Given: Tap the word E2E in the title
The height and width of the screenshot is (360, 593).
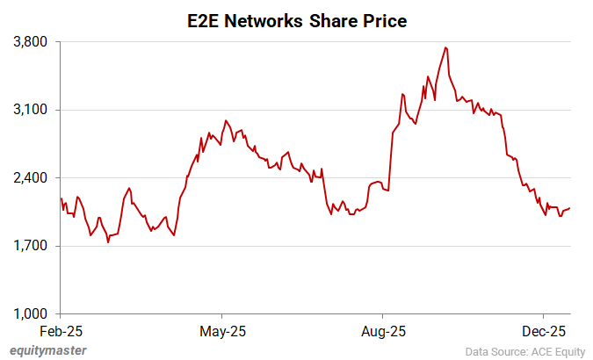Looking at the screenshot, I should (203, 20).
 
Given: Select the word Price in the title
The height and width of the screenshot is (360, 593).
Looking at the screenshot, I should (384, 20).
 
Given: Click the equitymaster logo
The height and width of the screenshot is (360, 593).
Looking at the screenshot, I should (48, 350).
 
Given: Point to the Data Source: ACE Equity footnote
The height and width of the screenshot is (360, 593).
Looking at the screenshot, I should (524, 351).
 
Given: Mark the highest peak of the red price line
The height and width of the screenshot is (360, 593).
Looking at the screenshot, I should (446, 47).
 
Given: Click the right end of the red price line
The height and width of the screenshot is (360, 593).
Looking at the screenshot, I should (570, 208).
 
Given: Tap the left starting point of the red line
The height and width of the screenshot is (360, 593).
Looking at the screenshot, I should (61, 198).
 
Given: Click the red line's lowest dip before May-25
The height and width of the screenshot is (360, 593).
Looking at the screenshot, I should (108, 241).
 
